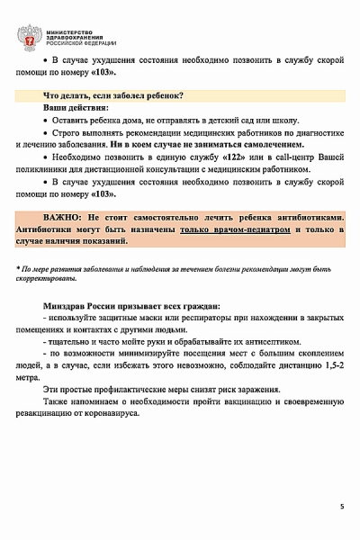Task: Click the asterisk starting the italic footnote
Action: (x=19, y=269)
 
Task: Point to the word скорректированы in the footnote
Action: (x=44, y=280)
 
